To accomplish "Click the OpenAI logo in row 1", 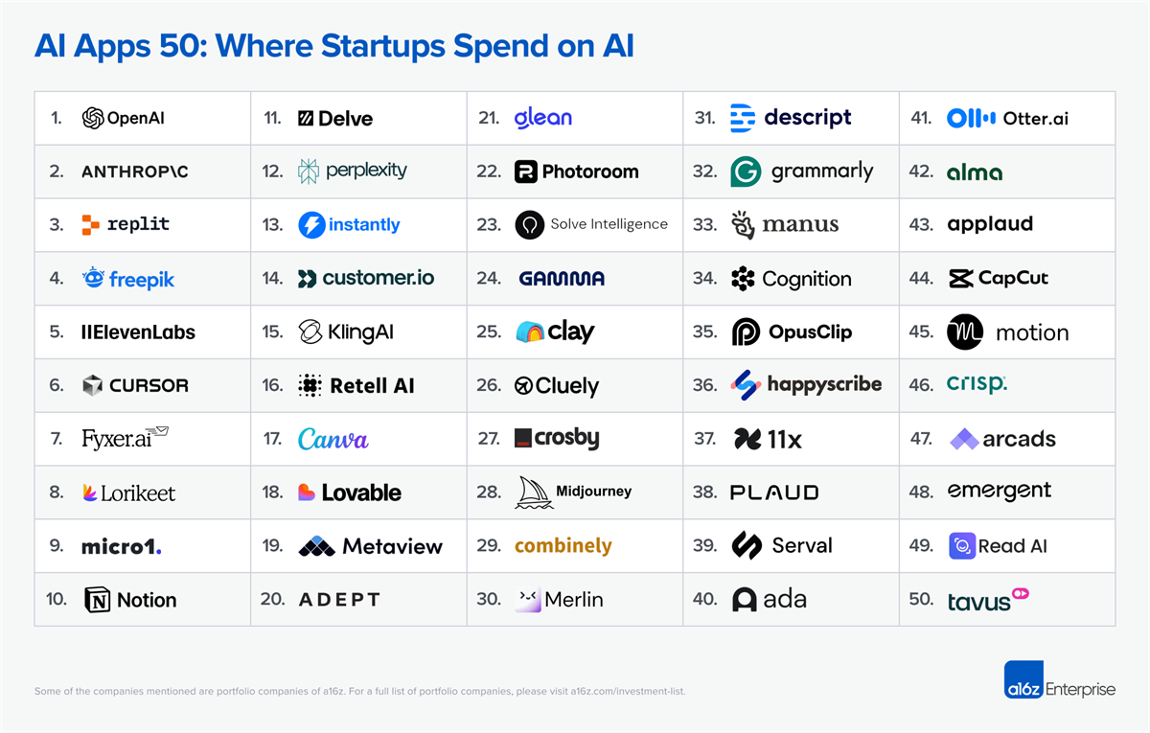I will (x=93, y=118).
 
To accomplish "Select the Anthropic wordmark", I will (x=134, y=172).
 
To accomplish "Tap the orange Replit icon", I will (x=91, y=225).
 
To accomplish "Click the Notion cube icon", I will (x=98, y=600).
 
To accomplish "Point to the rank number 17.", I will (x=272, y=439).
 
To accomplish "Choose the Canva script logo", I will (x=333, y=439).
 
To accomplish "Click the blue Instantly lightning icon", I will (x=311, y=225).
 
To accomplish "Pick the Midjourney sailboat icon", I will (x=534, y=492).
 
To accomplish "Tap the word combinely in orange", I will (x=563, y=545).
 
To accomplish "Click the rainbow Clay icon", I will (x=529, y=332).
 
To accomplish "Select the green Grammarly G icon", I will (x=746, y=172).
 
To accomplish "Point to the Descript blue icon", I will (x=743, y=118).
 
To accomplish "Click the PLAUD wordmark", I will (x=774, y=492).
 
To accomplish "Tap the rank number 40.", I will (x=704, y=600).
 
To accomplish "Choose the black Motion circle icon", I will (x=965, y=332).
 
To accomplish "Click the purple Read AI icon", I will (x=961, y=546).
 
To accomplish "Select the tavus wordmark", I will (x=978, y=602).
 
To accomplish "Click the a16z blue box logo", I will (x=1023, y=679).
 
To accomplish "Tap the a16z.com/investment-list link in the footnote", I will (x=628, y=691).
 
